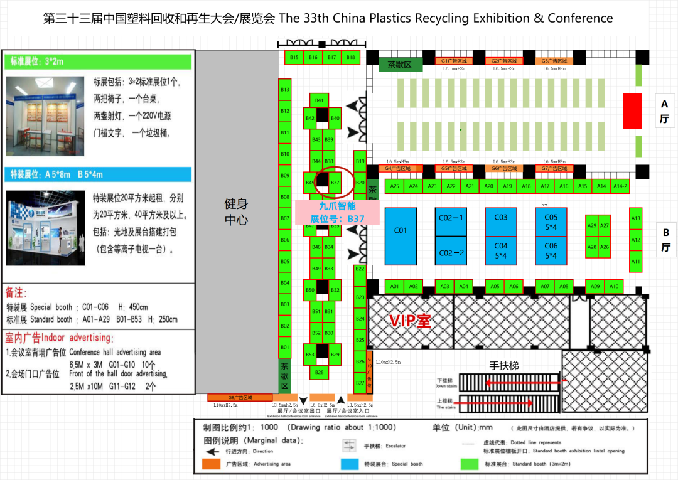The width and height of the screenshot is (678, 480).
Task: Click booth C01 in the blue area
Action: click(x=401, y=235)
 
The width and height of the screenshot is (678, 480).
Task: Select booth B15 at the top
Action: click(x=294, y=57)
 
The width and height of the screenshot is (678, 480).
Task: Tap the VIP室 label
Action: click(x=411, y=321)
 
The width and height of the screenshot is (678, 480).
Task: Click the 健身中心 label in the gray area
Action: click(x=237, y=211)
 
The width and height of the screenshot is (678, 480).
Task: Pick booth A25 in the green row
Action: click(x=394, y=186)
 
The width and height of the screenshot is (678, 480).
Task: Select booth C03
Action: click(x=500, y=221)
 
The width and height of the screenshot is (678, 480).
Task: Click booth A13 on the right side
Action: click(x=635, y=218)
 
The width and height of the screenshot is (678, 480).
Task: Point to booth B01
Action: click(x=285, y=347)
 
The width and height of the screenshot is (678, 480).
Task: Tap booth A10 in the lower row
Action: click(x=614, y=287)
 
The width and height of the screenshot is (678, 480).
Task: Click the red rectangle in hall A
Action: click(x=632, y=111)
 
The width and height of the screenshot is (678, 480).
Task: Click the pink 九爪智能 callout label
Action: click(x=337, y=211)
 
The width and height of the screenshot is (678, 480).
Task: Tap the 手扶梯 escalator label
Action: click(x=504, y=365)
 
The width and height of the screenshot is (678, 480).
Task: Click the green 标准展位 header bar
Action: click(x=99, y=61)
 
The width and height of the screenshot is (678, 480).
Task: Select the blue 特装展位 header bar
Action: click(x=99, y=174)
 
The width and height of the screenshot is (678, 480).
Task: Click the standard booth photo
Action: click(x=45, y=116)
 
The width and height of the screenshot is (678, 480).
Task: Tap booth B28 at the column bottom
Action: click(x=320, y=373)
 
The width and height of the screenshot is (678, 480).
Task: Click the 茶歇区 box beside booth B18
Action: click(x=399, y=65)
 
